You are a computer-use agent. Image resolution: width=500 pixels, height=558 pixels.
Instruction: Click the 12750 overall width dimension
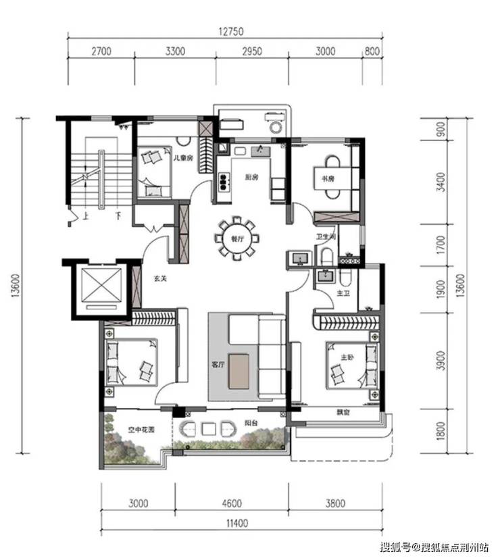(x=231, y=31)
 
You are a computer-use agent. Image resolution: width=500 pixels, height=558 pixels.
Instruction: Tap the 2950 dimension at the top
(x=252, y=51)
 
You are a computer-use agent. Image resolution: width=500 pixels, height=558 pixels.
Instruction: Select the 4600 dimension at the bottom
(x=232, y=503)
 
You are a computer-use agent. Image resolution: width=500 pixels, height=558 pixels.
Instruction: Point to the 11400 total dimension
(x=237, y=523)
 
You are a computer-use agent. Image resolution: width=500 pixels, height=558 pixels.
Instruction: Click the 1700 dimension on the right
(x=441, y=245)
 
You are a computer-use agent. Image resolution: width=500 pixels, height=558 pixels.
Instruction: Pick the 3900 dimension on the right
(x=441, y=360)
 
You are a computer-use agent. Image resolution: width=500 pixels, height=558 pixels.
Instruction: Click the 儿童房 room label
(x=183, y=157)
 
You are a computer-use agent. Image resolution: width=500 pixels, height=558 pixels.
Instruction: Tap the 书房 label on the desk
(x=328, y=178)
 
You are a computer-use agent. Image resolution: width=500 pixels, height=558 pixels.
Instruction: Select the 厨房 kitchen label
(x=251, y=177)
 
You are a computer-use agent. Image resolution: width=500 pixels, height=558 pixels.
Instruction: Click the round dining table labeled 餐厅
(x=237, y=238)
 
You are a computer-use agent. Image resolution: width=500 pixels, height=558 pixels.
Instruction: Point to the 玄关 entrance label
(x=160, y=278)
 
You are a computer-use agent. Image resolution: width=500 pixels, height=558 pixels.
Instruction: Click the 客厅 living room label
(x=218, y=365)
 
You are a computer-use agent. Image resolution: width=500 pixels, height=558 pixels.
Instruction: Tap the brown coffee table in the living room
(x=239, y=371)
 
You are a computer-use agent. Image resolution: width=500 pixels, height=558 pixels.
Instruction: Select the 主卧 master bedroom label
(x=347, y=357)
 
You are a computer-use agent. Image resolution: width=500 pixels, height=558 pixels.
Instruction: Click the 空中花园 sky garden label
(x=142, y=430)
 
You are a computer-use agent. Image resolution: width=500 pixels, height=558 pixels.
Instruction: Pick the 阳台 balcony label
(x=251, y=423)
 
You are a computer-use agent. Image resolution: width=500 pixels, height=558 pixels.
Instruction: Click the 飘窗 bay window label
(x=343, y=413)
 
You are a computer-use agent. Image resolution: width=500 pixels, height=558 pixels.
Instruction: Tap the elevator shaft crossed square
(x=101, y=284)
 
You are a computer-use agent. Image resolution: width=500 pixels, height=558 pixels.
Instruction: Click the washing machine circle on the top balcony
(x=276, y=127)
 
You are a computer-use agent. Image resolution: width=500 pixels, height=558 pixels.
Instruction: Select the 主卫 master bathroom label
(x=343, y=293)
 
